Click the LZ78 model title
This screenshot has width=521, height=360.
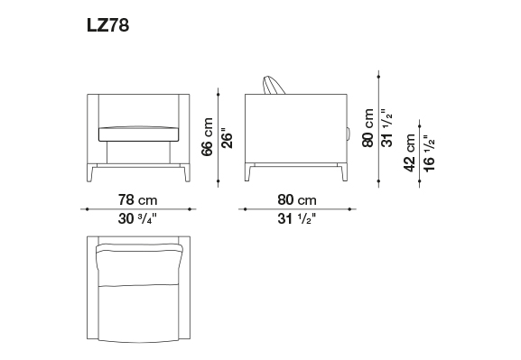(x=108, y=25)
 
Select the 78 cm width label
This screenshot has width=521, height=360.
(x=137, y=200)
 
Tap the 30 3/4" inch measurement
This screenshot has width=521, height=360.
(x=137, y=219)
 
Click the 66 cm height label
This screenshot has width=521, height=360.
(x=207, y=136)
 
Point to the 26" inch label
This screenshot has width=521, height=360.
(x=227, y=138)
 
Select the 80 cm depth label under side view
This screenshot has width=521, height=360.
(x=297, y=200)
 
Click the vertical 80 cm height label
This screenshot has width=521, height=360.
(x=368, y=128)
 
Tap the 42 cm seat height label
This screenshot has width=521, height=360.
(x=409, y=152)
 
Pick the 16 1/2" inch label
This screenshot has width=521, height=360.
(x=429, y=153)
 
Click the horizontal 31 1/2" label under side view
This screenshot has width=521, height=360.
(x=297, y=219)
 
